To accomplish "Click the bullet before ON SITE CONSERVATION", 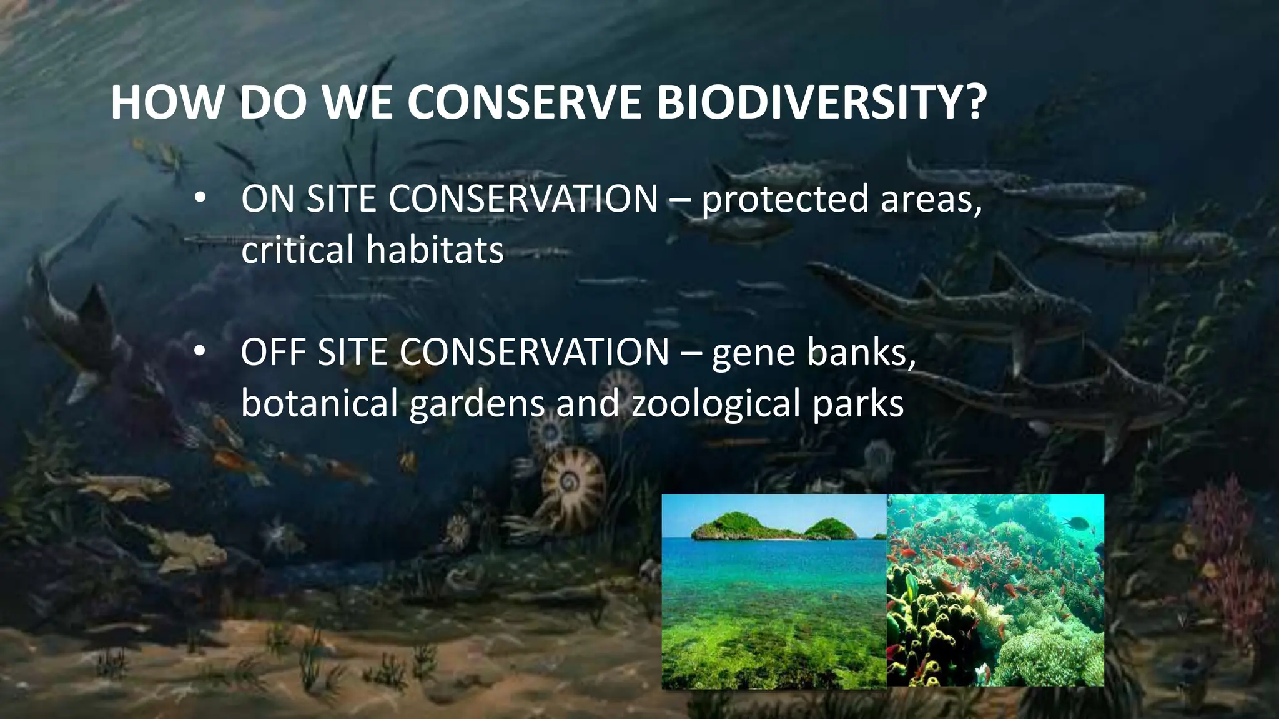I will pyautogui.click(x=199, y=199).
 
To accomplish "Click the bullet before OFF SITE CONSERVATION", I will pyautogui.click(x=199, y=352).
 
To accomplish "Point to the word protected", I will pyautogui.click(x=784, y=200).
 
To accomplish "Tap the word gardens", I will pyautogui.click(x=477, y=404).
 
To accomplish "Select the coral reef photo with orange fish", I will pyautogui.click(x=995, y=590).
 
